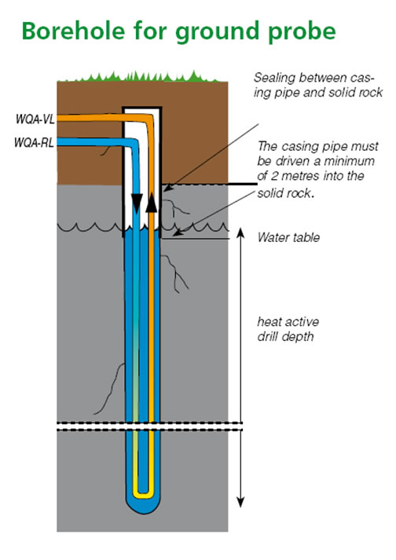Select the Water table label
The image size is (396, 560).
click(288, 236)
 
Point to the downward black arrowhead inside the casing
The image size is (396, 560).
click(137, 203)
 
